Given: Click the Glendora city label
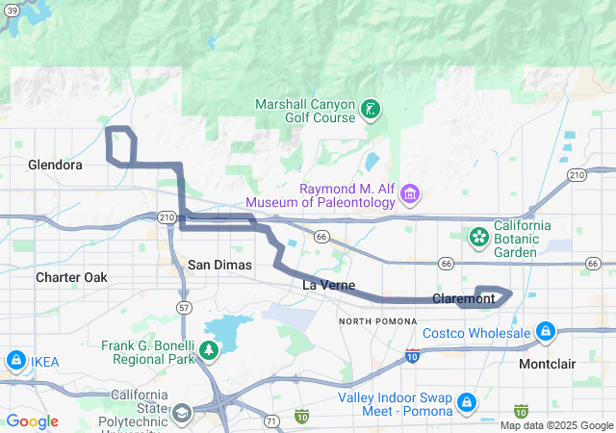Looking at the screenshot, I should (x=55, y=165).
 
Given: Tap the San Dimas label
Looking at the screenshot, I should (x=219, y=265).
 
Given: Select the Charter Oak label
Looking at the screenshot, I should (x=71, y=277).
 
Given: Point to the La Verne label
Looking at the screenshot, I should (x=328, y=286).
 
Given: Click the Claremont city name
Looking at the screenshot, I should (x=463, y=298).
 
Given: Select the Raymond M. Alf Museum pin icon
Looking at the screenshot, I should (x=411, y=194).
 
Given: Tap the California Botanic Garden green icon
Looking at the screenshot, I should (x=478, y=236).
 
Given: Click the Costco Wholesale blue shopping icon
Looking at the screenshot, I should (x=545, y=333).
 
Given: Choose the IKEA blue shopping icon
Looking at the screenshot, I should (x=15, y=361).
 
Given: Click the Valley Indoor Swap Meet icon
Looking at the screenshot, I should (x=466, y=400).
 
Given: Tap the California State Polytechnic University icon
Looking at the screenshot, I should (x=181, y=414).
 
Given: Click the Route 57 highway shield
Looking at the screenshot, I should (x=183, y=307).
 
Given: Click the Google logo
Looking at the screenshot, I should (x=32, y=420).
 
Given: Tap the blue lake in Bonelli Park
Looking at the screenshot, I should (x=228, y=330).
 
